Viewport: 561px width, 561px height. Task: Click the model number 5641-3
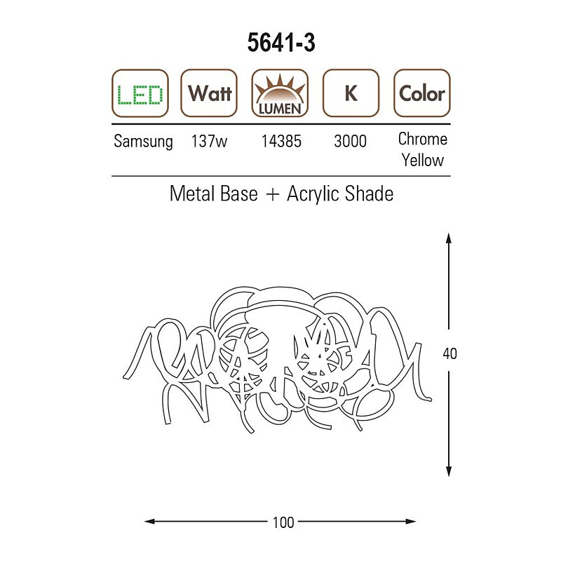[281, 43]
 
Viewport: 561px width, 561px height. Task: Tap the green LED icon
[140, 93]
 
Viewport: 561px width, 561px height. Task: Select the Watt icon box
[209, 93]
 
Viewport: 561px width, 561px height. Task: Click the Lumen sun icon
[280, 93]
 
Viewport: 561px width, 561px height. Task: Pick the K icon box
[351, 93]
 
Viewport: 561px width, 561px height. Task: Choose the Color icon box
[422, 93]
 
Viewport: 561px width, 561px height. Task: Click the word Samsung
[143, 142]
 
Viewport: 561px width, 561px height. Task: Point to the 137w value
[209, 141]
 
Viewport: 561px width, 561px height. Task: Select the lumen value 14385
[281, 141]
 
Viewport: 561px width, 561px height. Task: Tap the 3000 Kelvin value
[350, 141]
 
